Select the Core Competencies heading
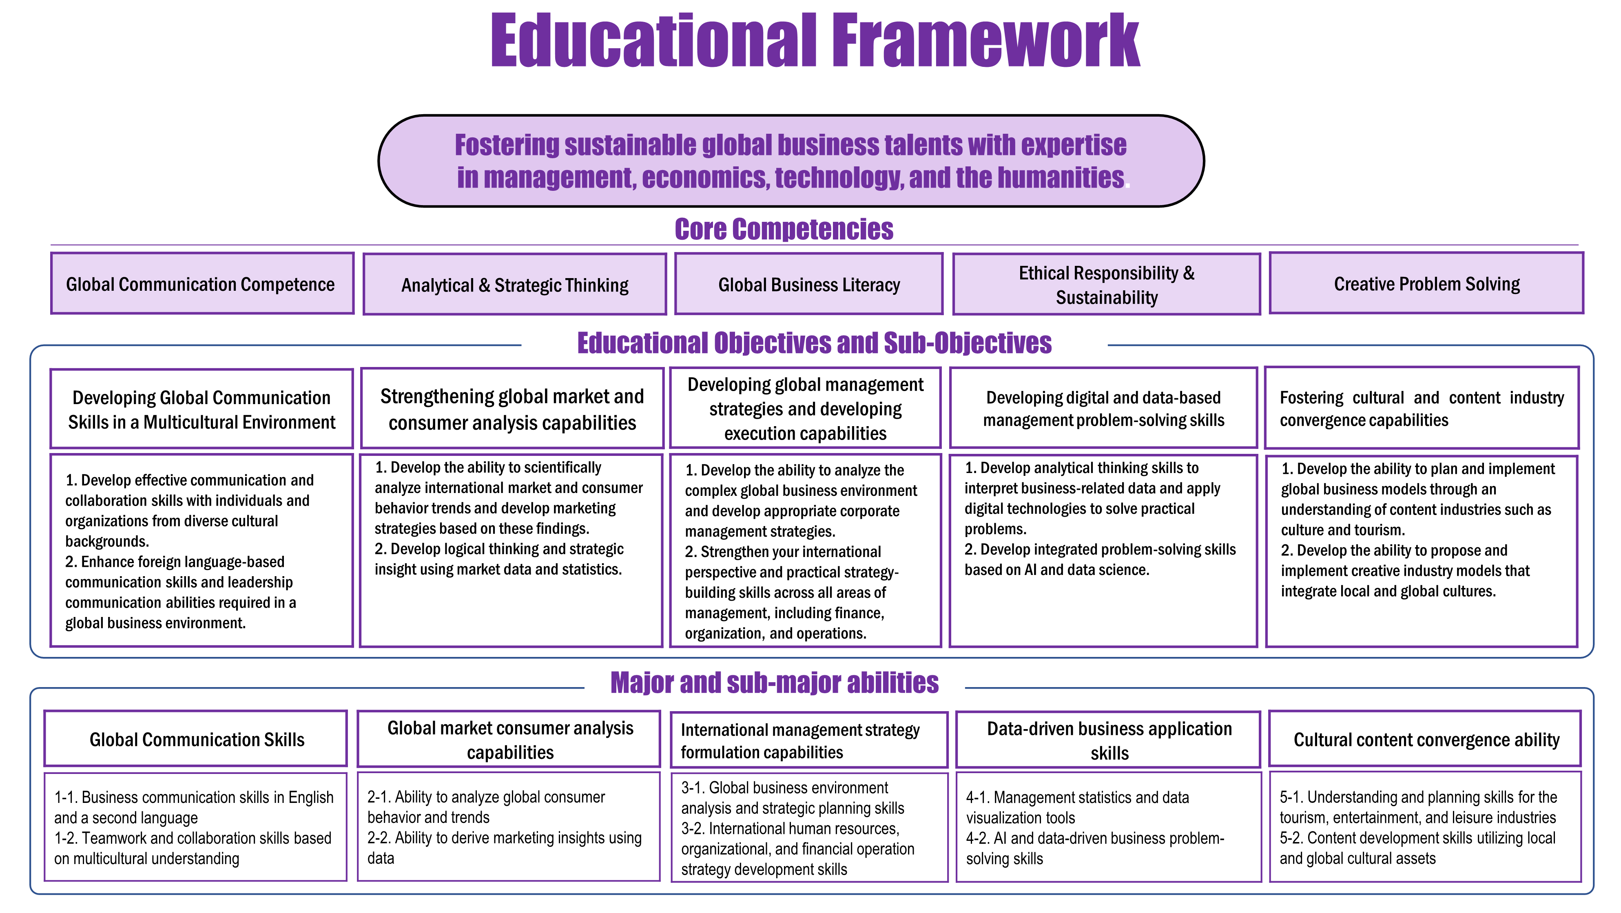tap(784, 229)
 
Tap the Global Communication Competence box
tap(202, 284)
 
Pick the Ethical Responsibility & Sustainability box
tap(1106, 284)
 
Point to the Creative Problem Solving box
tap(1426, 284)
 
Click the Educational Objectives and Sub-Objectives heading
tap(814, 343)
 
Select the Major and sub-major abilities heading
tap(774, 683)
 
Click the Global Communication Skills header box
tap(196, 739)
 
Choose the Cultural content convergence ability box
tap(1426, 739)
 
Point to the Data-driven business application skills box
tap(1109, 741)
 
